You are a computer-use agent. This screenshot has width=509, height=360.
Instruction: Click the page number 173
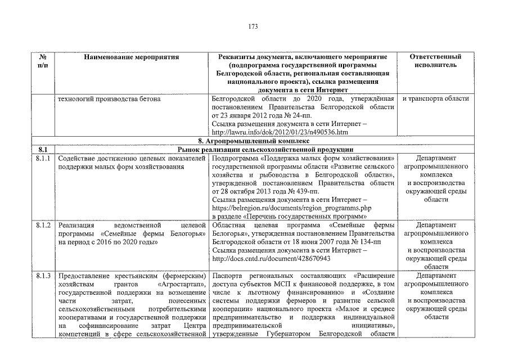pos(254,26)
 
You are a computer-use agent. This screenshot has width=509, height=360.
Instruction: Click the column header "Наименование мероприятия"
pos(131,57)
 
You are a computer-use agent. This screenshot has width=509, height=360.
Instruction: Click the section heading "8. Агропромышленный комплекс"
pos(254,141)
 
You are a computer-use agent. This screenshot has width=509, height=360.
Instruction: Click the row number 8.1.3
pos(43,276)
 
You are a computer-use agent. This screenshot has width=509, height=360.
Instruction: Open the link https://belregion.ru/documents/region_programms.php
pos(290,208)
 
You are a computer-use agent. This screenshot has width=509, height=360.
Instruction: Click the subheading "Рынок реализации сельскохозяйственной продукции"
pos(265,150)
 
